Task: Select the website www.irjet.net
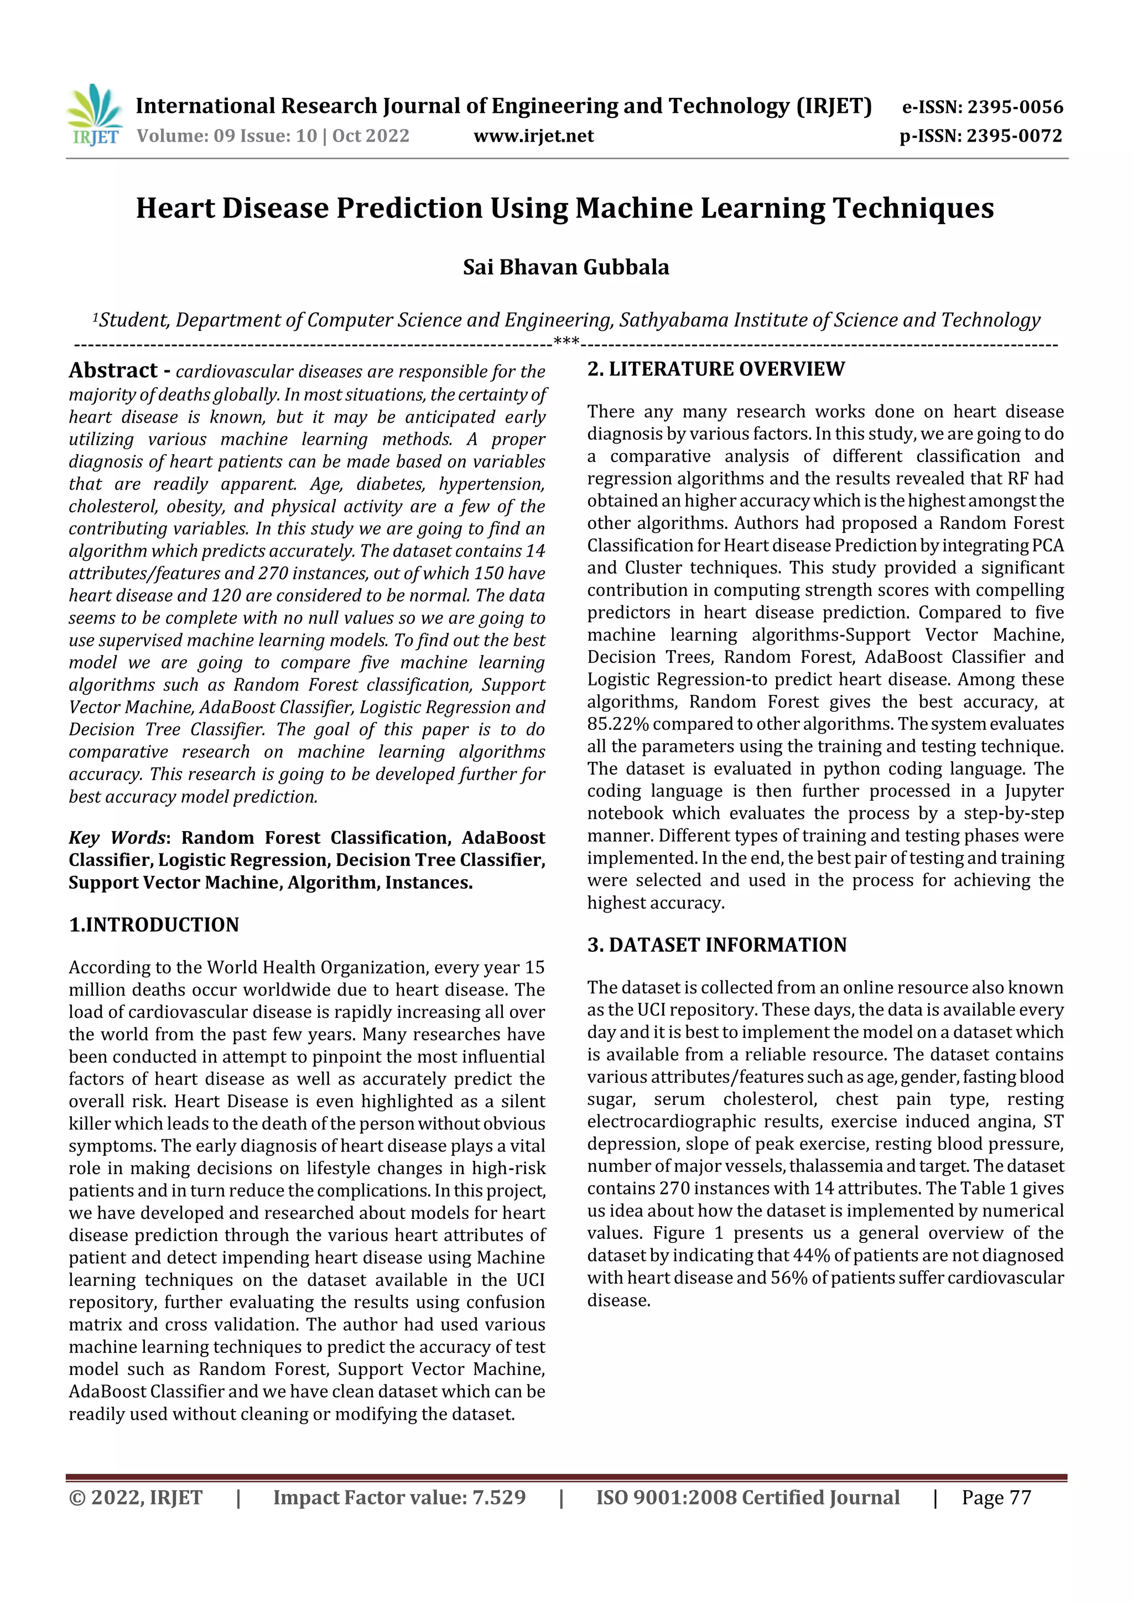533,136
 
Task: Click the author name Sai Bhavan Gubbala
565,267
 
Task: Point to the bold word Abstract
113,370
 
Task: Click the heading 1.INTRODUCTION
154,925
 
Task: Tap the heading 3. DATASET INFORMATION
716,945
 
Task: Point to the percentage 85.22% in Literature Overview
617,724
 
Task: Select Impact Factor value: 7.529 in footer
399,1497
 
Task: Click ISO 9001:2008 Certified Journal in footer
747,1497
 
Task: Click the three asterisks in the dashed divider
565,342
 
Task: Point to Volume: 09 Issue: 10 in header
227,136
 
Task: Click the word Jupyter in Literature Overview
1034,791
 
